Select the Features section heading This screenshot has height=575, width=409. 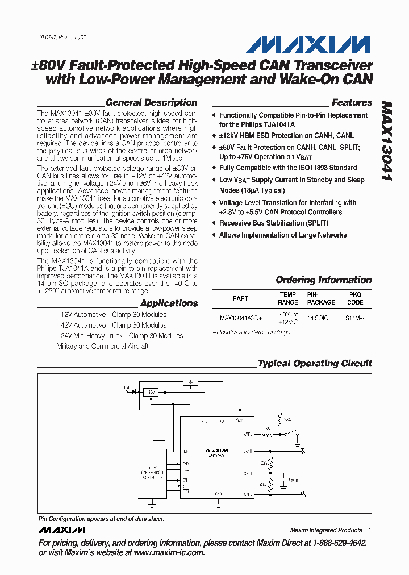tap(352, 103)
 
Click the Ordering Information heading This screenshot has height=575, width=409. tap(323, 280)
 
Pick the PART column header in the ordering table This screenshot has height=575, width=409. tap(240, 298)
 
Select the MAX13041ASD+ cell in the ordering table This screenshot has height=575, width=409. tap(241, 319)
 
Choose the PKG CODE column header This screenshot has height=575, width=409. tap(355, 298)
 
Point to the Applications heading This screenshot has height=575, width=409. tap(169, 303)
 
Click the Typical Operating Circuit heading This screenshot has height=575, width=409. tap(315, 364)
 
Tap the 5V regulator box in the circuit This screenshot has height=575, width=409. tap(191, 382)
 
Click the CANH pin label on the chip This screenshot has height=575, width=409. tap(248, 451)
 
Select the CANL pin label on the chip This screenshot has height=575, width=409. tap(248, 494)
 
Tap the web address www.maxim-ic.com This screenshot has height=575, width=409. tap(169, 552)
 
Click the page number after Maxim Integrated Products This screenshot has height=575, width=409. tap(370, 530)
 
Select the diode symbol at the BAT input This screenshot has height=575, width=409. tap(135, 391)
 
